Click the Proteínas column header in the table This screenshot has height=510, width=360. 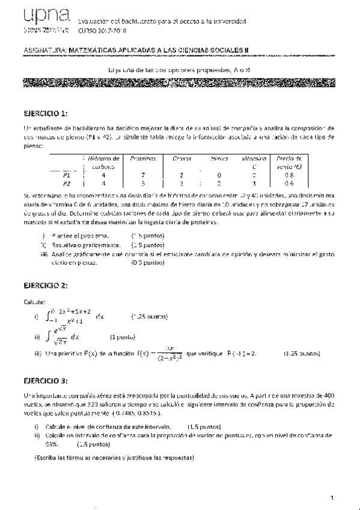click(x=143, y=158)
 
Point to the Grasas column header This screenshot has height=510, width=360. click(x=182, y=158)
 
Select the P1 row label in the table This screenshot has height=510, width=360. click(x=67, y=174)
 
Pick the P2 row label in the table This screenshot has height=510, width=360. click(x=67, y=183)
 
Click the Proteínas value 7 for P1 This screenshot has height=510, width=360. click(x=143, y=174)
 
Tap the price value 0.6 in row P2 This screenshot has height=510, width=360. click(x=289, y=183)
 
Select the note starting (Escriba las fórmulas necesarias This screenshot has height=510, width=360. click(x=114, y=458)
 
